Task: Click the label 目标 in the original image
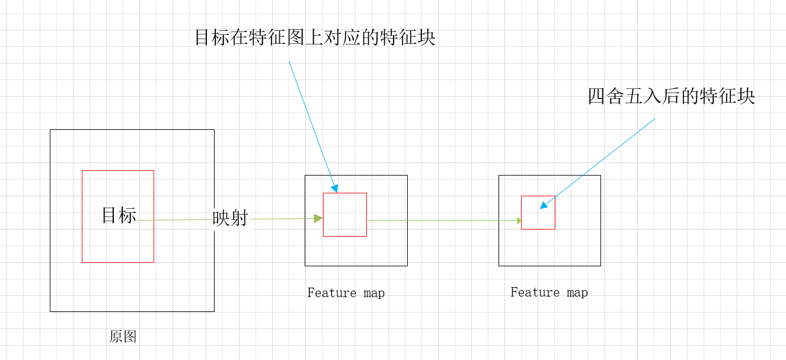pyautogui.click(x=119, y=215)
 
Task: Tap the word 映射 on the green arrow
pyautogui.click(x=230, y=219)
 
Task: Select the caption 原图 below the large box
pyautogui.click(x=123, y=337)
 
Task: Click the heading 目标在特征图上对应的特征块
pyautogui.click(x=315, y=38)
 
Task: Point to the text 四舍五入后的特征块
pyautogui.click(x=671, y=96)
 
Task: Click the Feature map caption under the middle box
pyautogui.click(x=346, y=293)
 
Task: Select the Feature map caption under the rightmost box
pyautogui.click(x=549, y=292)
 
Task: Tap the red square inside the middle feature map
pyautogui.click(x=344, y=214)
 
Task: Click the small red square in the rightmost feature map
pyautogui.click(x=538, y=212)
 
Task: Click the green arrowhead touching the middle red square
pyautogui.click(x=319, y=218)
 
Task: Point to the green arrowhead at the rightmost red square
pyautogui.click(x=519, y=221)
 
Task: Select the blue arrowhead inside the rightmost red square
pyautogui.click(x=544, y=205)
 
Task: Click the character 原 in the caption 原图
pyautogui.click(x=116, y=337)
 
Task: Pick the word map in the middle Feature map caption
pyautogui.click(x=374, y=293)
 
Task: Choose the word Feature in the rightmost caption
pyautogui.click(x=531, y=292)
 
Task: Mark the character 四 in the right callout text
pyautogui.click(x=596, y=96)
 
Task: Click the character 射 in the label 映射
pyautogui.click(x=239, y=219)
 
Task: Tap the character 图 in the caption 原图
pyautogui.click(x=130, y=337)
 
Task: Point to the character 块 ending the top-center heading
pyautogui.click(x=426, y=38)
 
